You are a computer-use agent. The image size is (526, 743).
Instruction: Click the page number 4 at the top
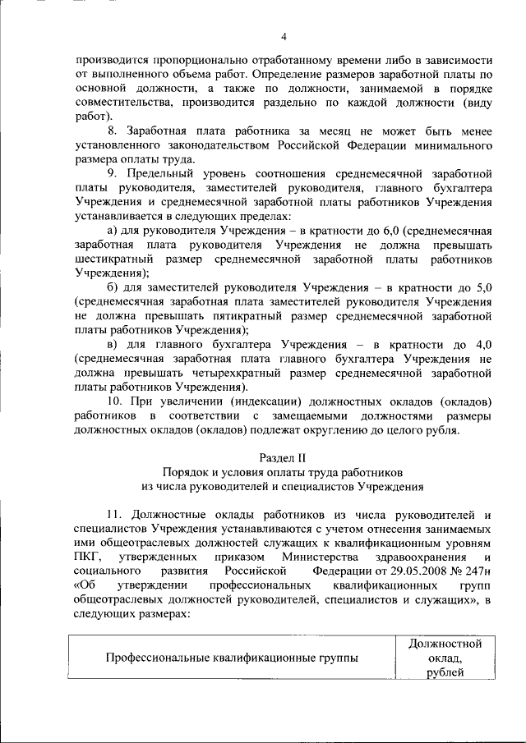click(284, 36)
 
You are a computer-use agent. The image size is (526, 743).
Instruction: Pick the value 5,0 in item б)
click(482, 287)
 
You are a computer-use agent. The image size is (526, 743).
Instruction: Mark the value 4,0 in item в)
click(482, 344)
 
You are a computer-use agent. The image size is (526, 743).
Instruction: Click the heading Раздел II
click(283, 456)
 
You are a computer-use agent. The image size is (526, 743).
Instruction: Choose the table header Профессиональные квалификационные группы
click(232, 657)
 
